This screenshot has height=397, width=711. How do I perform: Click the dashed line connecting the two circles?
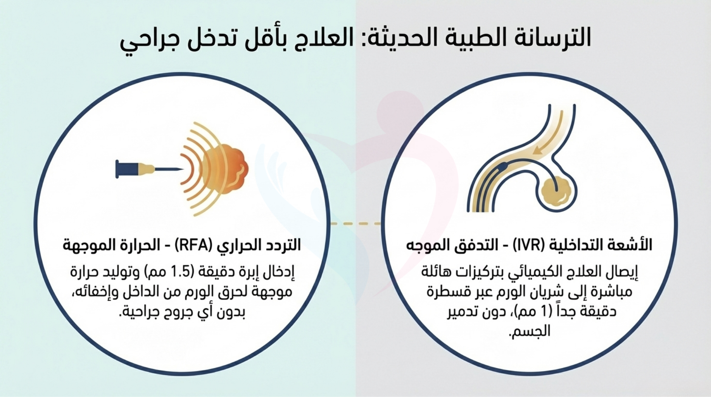[355, 224]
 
